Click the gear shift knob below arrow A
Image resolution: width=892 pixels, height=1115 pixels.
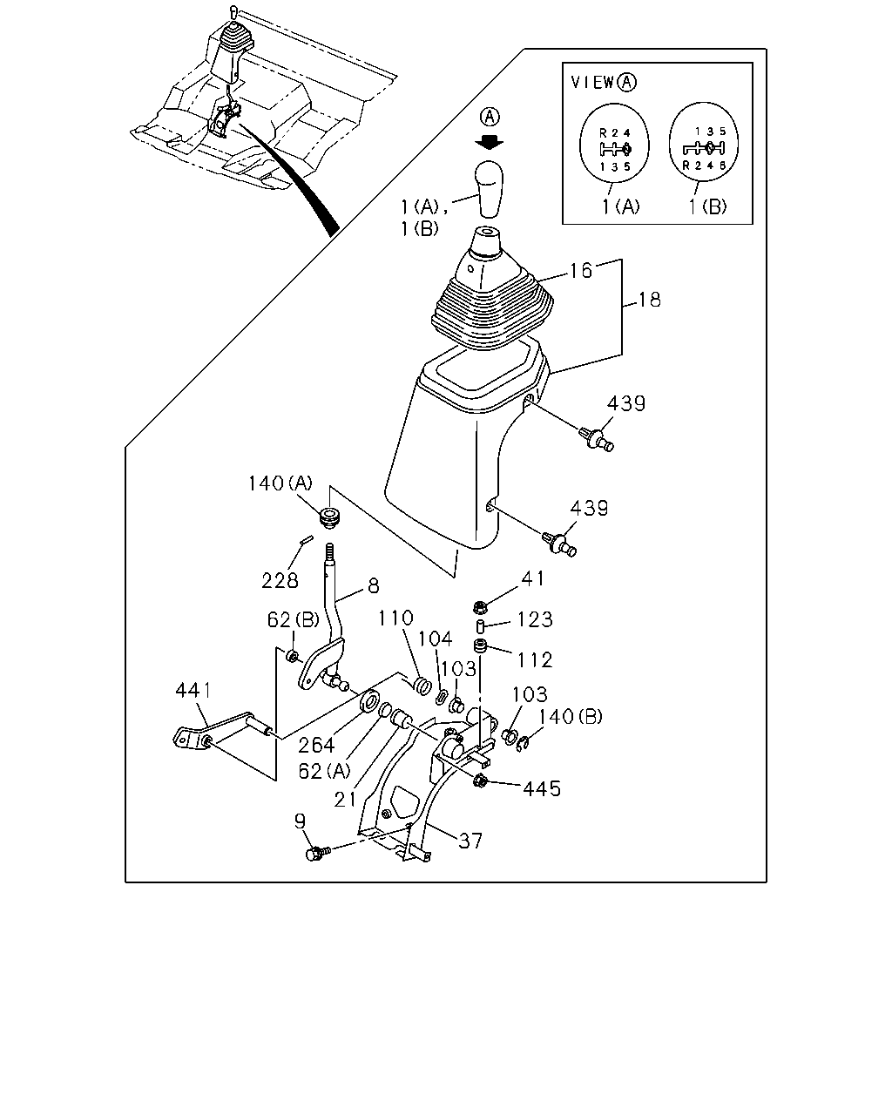(490, 189)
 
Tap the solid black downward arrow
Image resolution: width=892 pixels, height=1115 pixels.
(490, 143)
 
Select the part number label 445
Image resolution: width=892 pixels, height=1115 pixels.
(542, 789)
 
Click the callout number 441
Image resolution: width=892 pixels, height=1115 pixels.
(194, 691)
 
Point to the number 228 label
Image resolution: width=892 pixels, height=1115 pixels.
(280, 581)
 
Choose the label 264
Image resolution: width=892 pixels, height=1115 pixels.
(316, 745)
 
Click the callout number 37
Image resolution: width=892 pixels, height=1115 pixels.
(470, 841)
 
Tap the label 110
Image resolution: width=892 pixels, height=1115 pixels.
(396, 618)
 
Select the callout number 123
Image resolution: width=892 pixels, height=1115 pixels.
(535, 619)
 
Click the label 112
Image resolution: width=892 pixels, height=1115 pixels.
(535, 660)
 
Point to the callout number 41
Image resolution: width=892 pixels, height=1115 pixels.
(532, 578)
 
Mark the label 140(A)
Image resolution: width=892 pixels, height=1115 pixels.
(280, 483)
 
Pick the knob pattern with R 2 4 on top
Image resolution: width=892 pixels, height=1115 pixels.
(614, 143)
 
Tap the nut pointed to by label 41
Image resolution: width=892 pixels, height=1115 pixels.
(480, 606)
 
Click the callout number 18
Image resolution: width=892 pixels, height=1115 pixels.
(650, 300)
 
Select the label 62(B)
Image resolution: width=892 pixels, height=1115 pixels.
(294, 619)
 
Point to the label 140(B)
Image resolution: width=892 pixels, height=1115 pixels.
(571, 717)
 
